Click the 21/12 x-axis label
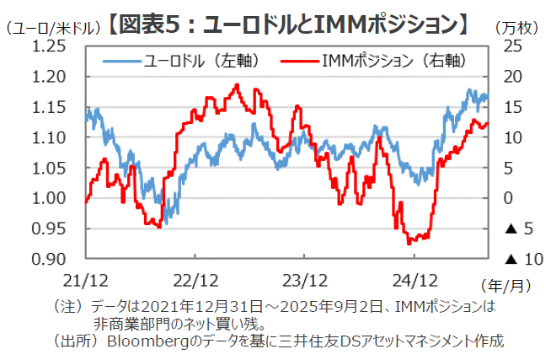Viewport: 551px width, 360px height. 86,279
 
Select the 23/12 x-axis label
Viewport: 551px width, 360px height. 304,279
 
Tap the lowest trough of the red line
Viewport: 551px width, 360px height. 409,244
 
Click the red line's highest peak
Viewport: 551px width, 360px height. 237,84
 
